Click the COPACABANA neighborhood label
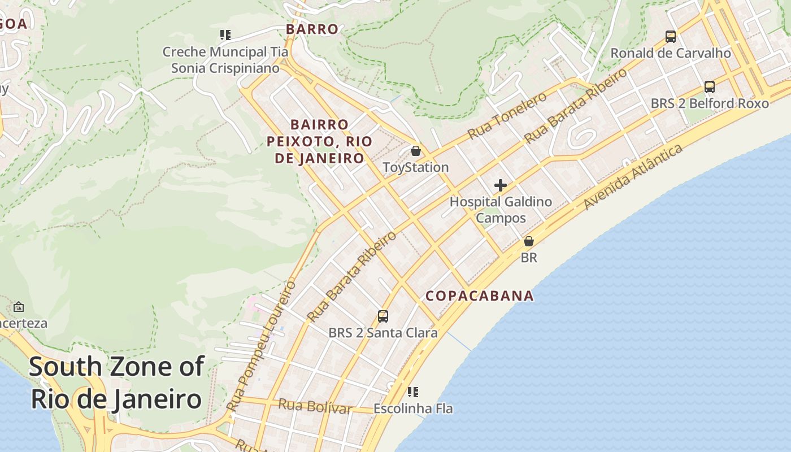[479, 295]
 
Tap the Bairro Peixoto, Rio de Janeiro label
[320, 141]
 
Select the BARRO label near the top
[312, 29]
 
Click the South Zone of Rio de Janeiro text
[116, 383]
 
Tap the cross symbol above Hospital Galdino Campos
[500, 185]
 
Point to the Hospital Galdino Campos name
[501, 210]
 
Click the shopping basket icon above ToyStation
[416, 151]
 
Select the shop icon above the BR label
[528, 241]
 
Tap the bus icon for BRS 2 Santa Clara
[383, 316]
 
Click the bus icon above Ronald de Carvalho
[671, 37]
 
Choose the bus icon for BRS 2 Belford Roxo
[710, 87]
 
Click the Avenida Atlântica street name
[633, 176]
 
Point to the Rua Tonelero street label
[507, 115]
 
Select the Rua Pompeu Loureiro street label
[261, 346]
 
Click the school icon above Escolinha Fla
[413, 392]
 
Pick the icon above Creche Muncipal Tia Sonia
[225, 35]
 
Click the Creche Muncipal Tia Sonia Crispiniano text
[225, 60]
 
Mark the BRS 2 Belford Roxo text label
[710, 103]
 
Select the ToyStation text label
[416, 167]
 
